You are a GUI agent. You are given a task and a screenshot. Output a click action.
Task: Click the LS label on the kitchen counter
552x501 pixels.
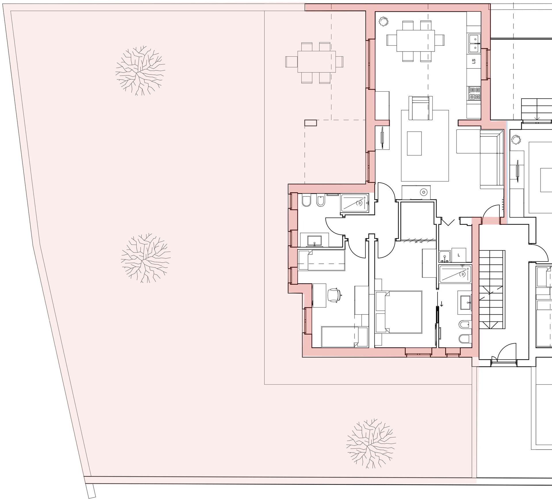pyautogui.click(x=474, y=61)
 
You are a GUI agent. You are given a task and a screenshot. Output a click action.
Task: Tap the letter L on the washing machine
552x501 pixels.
pyautogui.click(x=459, y=255)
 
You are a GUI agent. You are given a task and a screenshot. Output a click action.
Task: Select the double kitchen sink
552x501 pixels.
pyautogui.click(x=475, y=43)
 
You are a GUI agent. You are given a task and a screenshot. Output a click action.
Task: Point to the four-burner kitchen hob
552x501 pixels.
pyautogui.click(x=475, y=93)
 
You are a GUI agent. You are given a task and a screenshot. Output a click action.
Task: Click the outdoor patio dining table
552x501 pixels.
pyautogui.click(x=317, y=62)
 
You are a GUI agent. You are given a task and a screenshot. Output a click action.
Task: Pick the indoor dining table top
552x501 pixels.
pyautogui.click(x=416, y=41)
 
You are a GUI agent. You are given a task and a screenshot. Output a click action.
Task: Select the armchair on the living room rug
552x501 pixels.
pyautogui.click(x=421, y=108)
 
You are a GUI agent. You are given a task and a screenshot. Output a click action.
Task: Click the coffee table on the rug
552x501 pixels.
pyautogui.click(x=414, y=144)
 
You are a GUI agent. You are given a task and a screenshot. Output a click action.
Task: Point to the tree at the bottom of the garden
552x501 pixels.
pyautogui.click(x=371, y=443)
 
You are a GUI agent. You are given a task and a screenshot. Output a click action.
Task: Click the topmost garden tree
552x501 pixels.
pyautogui.click(x=140, y=70)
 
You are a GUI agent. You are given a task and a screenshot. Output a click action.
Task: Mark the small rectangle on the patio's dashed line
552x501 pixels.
pyautogui.click(x=311, y=123)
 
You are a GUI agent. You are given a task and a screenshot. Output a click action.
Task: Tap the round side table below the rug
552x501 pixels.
pyautogui.click(x=423, y=192)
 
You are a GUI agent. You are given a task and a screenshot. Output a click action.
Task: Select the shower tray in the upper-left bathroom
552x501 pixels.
pyautogui.click(x=354, y=203)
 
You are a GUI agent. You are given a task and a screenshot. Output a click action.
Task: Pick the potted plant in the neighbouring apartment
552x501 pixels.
pyautogui.click(x=516, y=140)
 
